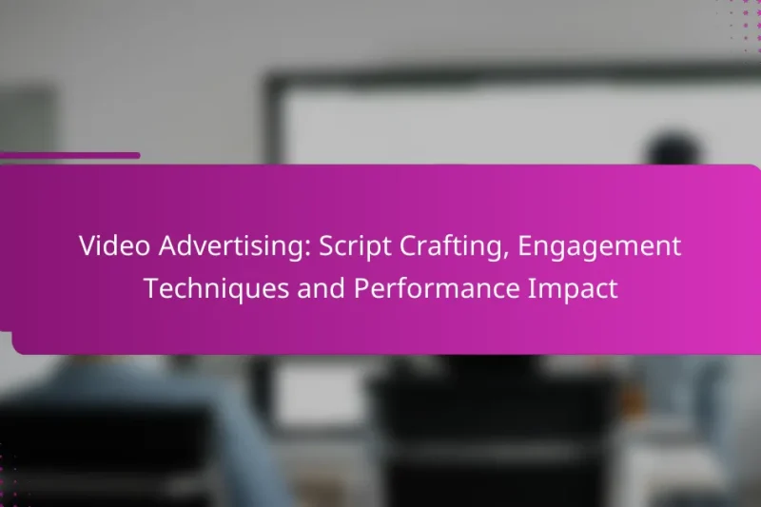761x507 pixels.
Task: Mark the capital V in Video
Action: [87, 246]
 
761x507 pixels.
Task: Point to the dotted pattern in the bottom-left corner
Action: [11, 485]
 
